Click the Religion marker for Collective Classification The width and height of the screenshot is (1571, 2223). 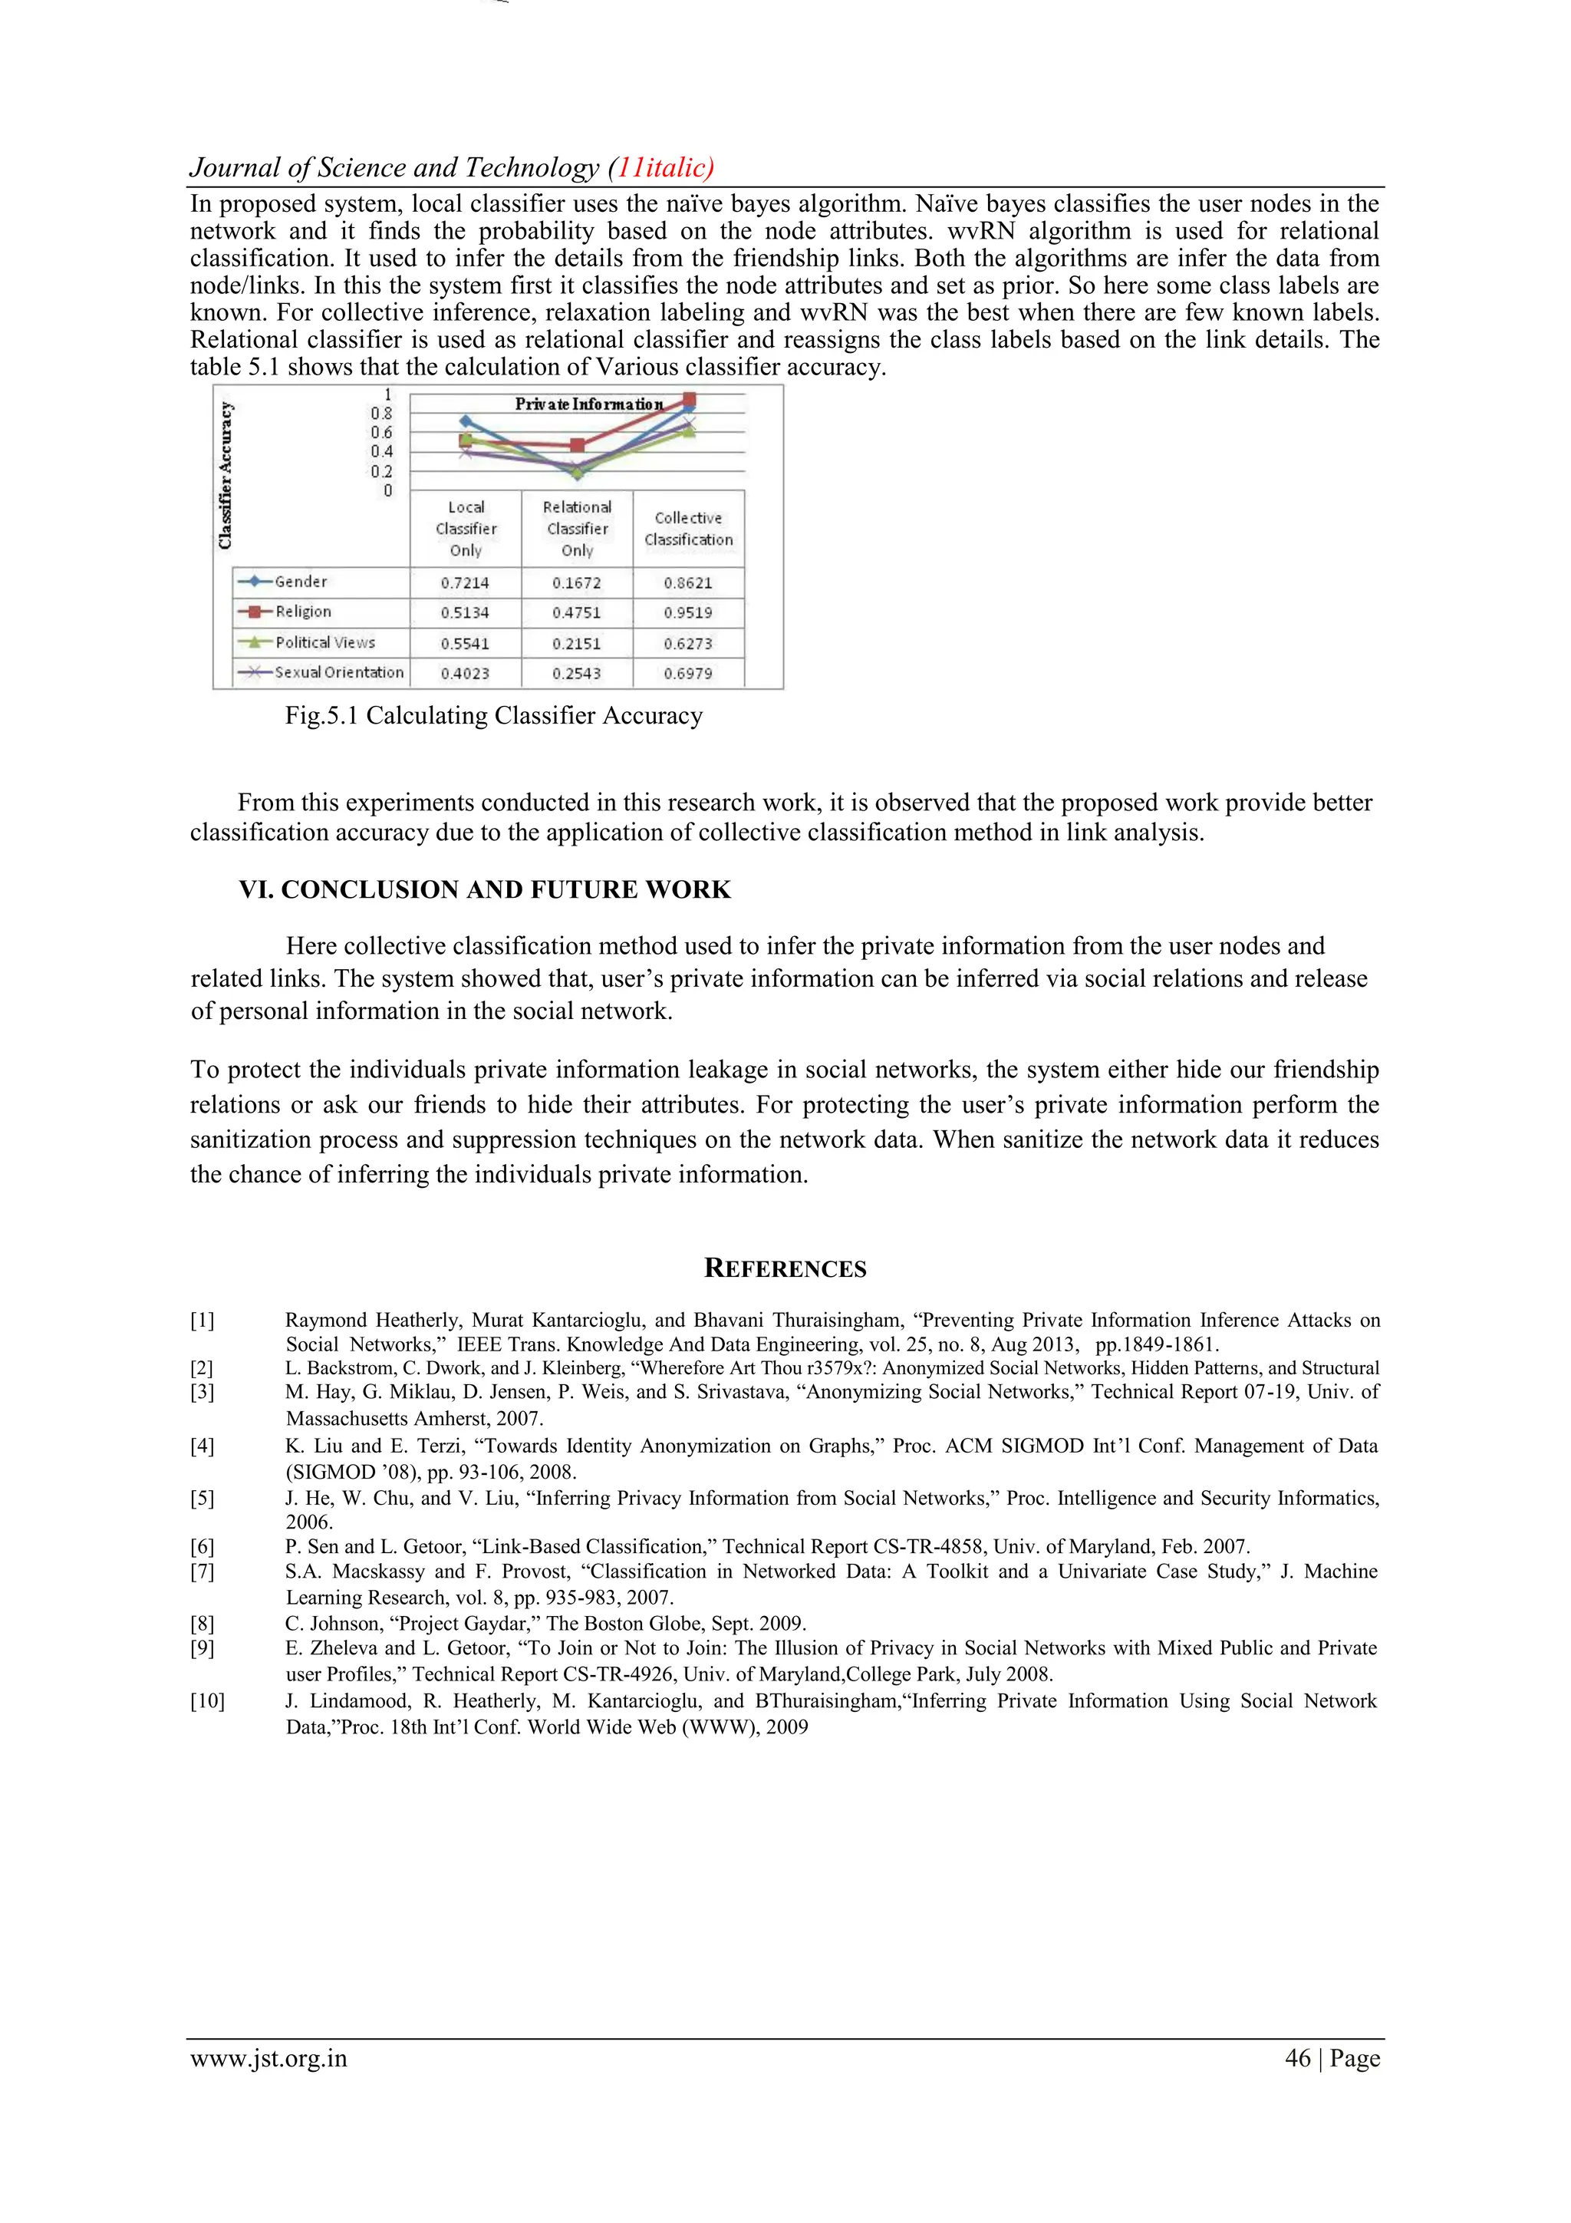tap(689, 400)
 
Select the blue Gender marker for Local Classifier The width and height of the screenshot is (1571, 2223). tap(466, 421)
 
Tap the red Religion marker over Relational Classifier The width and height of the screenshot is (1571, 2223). tap(578, 445)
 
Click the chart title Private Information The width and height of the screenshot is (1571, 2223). tap(588, 404)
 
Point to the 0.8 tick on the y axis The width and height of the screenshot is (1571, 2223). tap(381, 414)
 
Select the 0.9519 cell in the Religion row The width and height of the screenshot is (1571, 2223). tap(688, 613)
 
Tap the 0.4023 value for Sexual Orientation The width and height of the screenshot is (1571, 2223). tap(466, 673)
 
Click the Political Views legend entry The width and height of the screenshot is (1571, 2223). tap(324, 643)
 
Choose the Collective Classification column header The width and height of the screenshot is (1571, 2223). tap(688, 529)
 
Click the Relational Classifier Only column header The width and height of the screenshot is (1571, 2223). tap(577, 529)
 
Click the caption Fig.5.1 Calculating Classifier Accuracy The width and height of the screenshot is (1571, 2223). tap(494, 715)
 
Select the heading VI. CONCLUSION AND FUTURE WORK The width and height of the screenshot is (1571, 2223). tap(485, 890)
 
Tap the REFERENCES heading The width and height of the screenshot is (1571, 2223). tap(785, 1268)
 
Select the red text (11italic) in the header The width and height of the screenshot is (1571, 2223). tap(661, 167)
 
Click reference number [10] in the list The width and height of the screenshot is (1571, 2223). tap(207, 1701)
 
